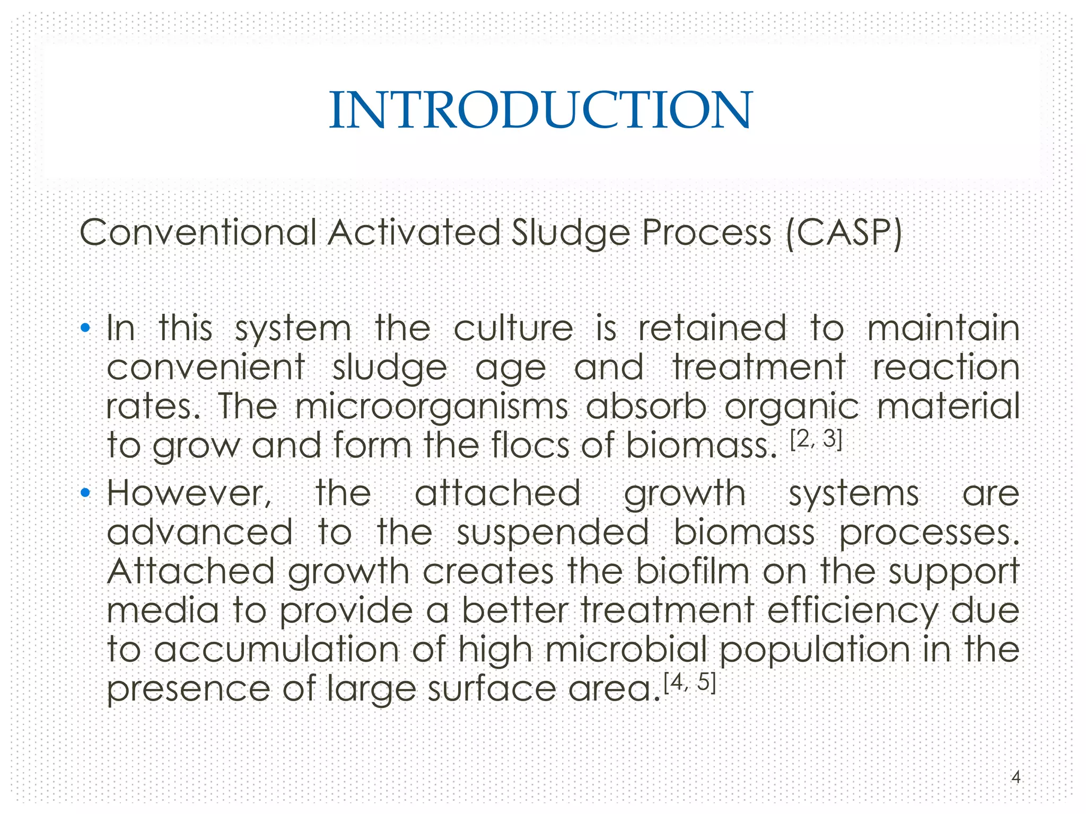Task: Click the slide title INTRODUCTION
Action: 540,110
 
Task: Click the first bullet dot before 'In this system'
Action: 85,328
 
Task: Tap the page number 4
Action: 1015,777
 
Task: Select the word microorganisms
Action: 431,407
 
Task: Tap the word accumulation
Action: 276,649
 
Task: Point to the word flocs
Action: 530,445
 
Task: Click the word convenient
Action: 206,367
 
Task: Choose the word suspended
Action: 553,533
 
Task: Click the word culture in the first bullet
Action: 513,328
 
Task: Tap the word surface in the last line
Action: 492,688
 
